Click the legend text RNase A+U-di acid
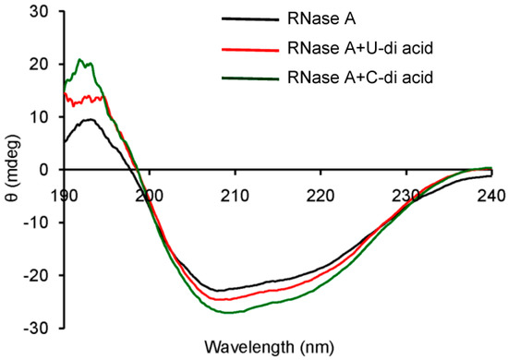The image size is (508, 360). coord(389,48)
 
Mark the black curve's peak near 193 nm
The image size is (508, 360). coord(87,119)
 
